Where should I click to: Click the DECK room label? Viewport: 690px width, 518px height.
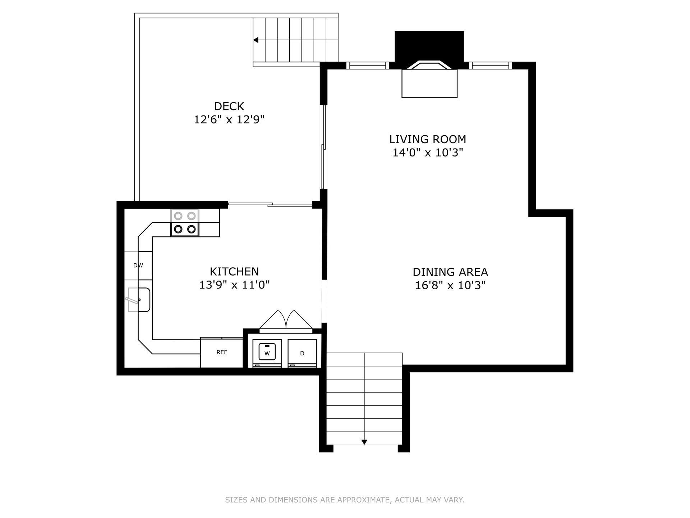click(229, 106)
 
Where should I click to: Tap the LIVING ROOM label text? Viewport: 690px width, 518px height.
click(428, 139)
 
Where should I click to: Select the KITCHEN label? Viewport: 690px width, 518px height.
click(234, 271)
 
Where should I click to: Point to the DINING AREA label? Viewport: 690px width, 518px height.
click(450, 272)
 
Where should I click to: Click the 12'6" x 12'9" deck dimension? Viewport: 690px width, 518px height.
click(229, 119)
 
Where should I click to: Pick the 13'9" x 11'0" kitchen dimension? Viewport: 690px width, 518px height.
click(234, 285)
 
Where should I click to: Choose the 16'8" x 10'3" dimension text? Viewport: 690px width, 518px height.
click(450, 285)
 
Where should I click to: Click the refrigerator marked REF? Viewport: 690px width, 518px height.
click(222, 353)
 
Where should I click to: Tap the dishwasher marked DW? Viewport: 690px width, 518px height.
click(138, 265)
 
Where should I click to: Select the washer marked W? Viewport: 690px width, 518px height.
click(267, 353)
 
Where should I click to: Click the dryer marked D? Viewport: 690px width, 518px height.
click(302, 353)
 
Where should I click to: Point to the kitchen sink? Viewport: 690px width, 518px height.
click(139, 300)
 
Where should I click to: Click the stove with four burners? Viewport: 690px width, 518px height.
click(185, 223)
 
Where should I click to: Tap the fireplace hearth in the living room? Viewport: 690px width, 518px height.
click(429, 83)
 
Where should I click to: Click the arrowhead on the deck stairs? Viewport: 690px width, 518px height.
click(256, 40)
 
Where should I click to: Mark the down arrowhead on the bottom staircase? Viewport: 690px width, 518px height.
click(364, 442)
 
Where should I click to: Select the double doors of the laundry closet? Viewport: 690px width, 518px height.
click(286, 320)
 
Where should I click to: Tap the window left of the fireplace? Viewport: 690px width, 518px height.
click(368, 65)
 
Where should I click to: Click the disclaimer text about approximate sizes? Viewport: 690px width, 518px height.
click(345, 500)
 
